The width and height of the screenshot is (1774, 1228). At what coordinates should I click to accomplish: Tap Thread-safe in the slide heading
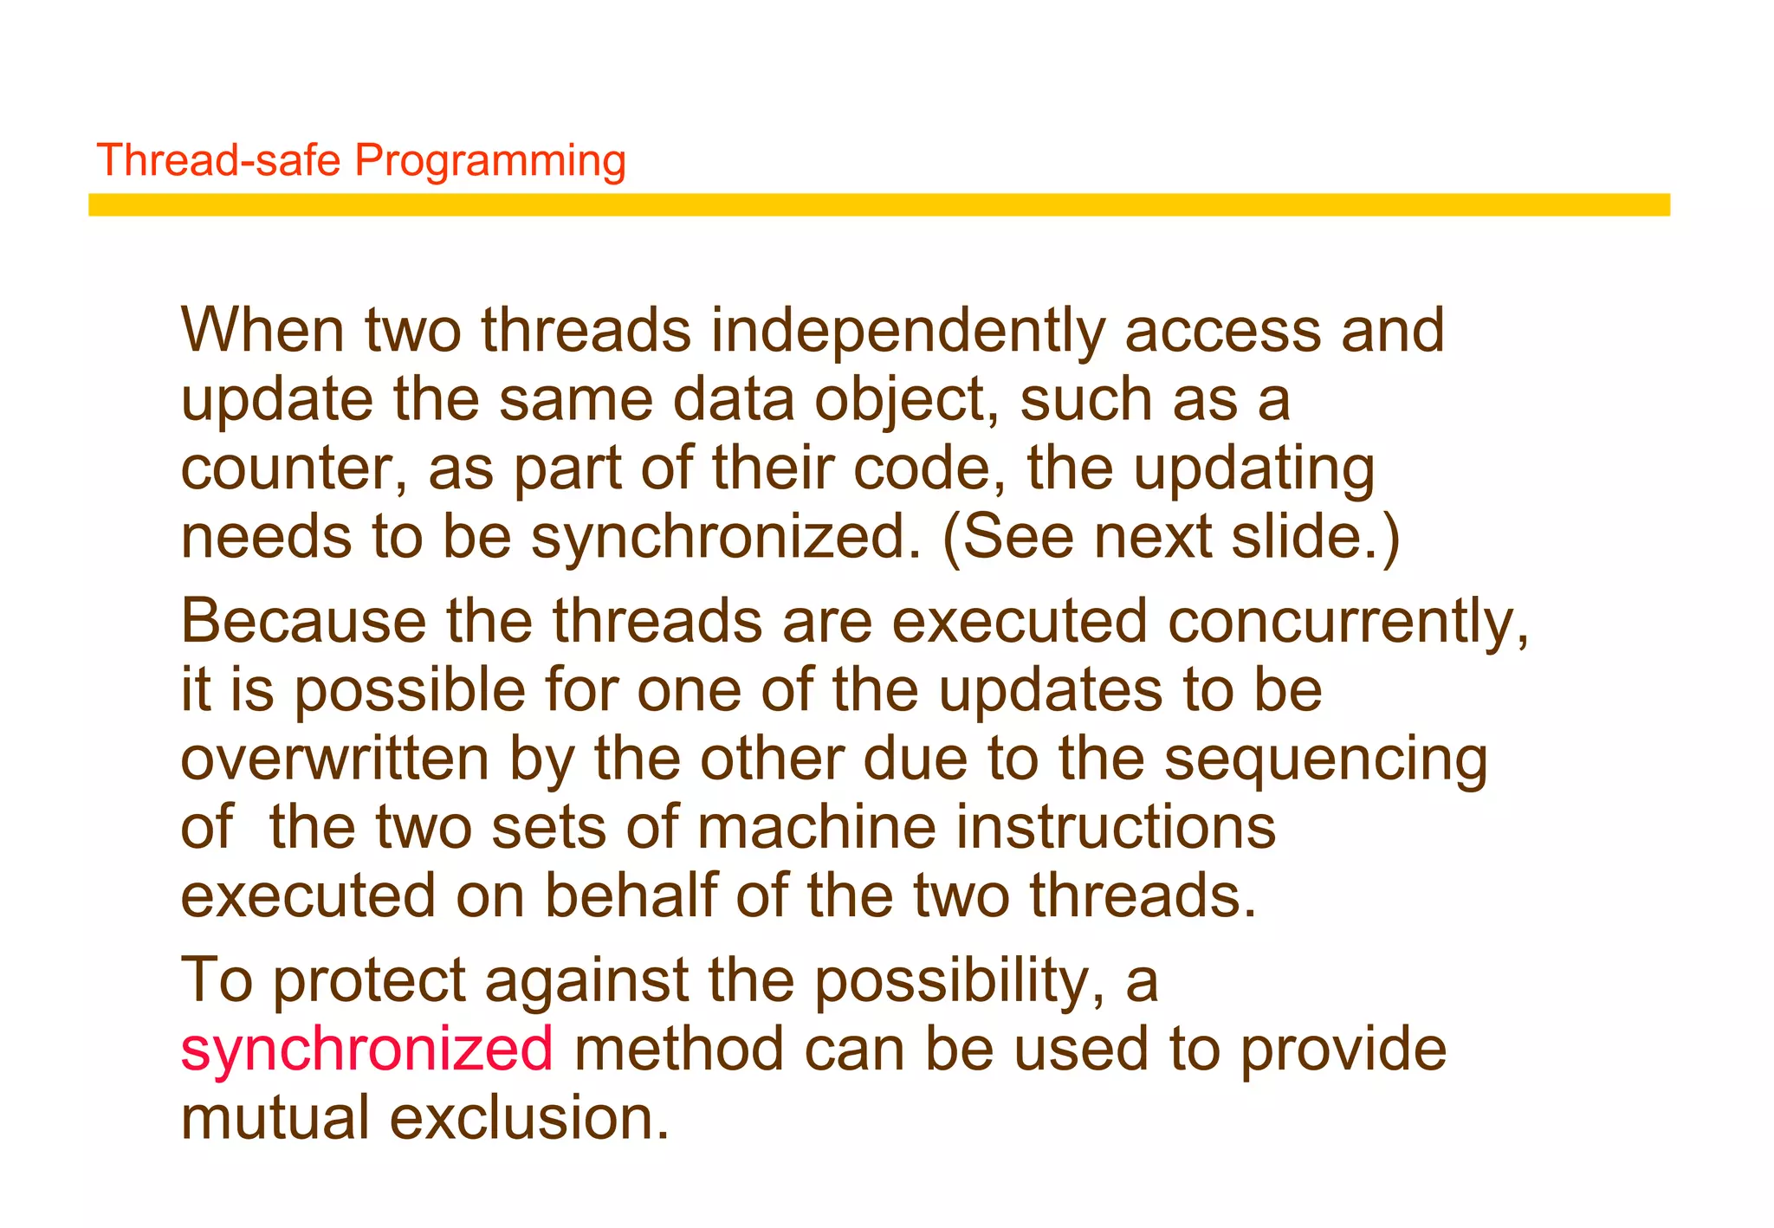(218, 161)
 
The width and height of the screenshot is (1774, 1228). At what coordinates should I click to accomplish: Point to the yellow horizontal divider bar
(878, 205)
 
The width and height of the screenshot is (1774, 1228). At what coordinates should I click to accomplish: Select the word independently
(907, 331)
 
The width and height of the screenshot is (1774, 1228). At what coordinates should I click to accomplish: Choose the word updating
(1253, 469)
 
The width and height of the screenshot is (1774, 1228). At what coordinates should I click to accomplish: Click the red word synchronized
(366, 1049)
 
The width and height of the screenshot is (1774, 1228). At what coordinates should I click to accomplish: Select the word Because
(303, 622)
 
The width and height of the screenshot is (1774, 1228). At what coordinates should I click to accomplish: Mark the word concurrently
(1346, 622)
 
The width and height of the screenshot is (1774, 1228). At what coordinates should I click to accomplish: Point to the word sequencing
(1324, 759)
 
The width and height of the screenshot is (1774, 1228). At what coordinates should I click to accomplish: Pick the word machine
(816, 827)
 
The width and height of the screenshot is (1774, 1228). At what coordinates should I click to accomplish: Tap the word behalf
(631, 895)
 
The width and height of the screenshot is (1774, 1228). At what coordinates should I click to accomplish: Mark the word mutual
(275, 1117)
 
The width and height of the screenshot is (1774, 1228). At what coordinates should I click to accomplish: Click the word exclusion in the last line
(528, 1117)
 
